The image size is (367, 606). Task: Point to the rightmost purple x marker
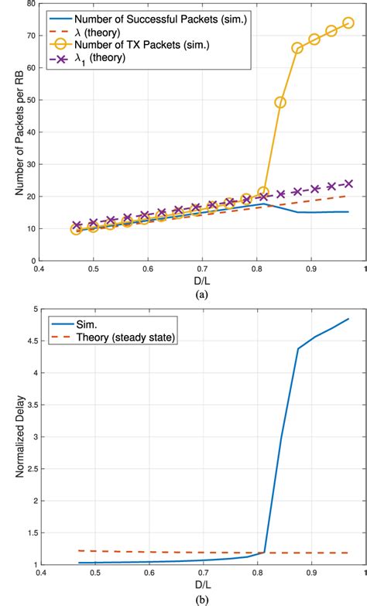(348, 184)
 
